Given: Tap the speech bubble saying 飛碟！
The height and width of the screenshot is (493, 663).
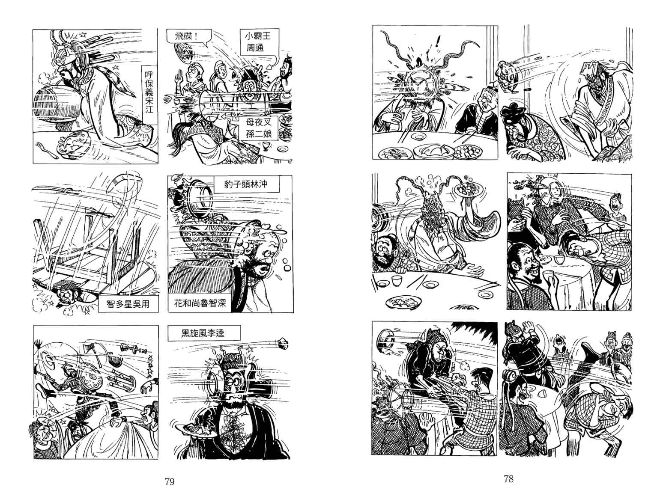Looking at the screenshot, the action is click(x=187, y=37).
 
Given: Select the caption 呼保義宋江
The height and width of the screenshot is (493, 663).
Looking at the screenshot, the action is click(x=149, y=92).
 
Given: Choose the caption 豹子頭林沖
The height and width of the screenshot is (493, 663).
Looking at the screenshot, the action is click(x=246, y=184).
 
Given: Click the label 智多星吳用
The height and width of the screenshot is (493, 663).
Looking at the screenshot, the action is click(x=128, y=304).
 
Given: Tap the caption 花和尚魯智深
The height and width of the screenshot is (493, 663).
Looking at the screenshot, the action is click(x=200, y=303).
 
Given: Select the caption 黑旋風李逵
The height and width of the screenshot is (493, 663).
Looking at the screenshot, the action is click(x=204, y=333).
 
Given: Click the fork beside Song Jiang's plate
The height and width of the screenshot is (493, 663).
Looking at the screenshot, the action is click(x=46, y=150).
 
